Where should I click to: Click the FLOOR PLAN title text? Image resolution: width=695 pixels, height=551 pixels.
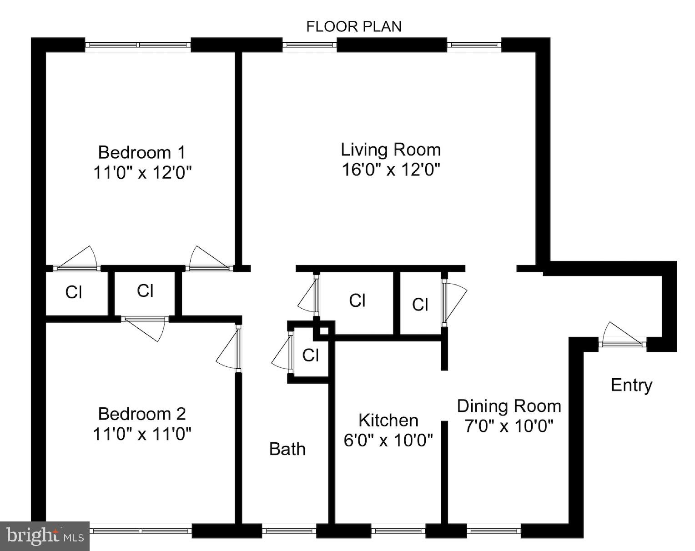353,27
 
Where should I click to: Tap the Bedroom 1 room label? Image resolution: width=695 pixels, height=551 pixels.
142,152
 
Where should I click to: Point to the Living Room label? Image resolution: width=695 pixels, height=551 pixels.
391,150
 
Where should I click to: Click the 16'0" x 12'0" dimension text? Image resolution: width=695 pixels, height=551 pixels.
391,170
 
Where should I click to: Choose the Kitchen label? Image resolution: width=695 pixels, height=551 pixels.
388,420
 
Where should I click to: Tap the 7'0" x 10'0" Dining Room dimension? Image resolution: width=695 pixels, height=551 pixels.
509,426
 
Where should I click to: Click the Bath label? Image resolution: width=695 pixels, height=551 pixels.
287,449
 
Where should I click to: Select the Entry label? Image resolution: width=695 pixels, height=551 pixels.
631,385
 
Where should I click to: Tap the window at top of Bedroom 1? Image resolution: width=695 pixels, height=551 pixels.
138,45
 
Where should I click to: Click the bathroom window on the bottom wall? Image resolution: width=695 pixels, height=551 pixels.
289,530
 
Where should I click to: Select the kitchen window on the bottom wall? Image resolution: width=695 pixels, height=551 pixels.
398,530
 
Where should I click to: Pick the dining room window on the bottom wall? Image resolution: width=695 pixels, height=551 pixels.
494,530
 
